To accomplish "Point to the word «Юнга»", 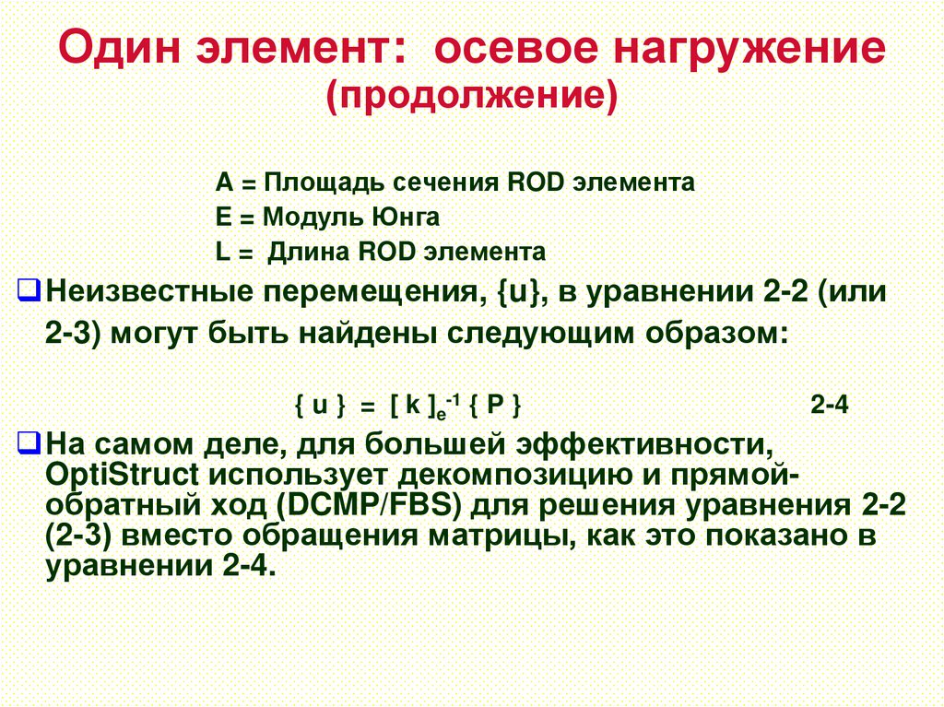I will click(407, 218).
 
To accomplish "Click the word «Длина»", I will click(309, 252).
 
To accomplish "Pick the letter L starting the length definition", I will click(222, 252).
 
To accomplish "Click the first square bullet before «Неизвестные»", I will click(29, 294).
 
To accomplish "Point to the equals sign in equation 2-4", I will click(367, 407).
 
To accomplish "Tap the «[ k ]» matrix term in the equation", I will click(411, 406).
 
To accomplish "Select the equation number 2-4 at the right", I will click(830, 406).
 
